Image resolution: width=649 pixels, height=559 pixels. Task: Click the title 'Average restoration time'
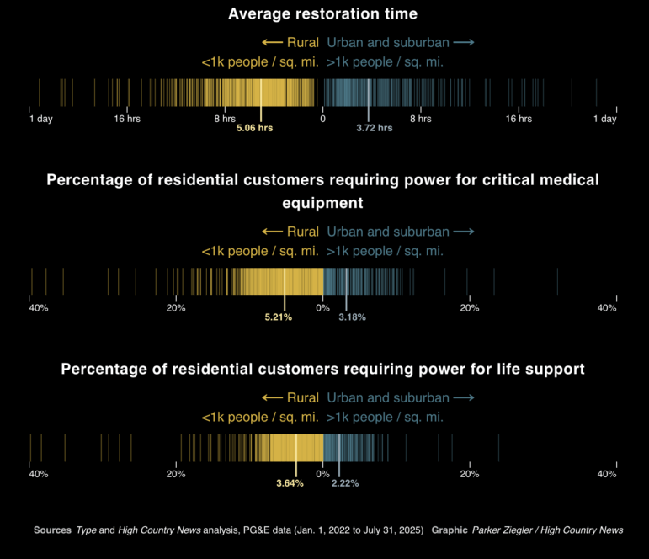323,13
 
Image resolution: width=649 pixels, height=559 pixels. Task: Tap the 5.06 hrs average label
254,129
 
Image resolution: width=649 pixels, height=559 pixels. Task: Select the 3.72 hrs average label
375,129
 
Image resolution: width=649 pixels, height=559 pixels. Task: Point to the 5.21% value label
278,317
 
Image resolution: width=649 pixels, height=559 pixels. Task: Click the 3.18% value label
352,317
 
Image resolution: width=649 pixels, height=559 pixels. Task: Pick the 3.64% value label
290,483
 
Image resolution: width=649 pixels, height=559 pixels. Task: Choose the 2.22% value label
345,483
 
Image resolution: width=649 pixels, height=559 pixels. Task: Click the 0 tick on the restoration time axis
322,119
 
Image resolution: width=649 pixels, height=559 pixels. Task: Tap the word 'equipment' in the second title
323,203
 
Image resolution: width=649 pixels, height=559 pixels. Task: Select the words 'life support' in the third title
539,369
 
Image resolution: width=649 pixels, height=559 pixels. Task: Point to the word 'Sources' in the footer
52,530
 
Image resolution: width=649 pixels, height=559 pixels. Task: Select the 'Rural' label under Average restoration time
302,42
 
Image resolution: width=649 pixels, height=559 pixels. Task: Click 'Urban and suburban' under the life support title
388,397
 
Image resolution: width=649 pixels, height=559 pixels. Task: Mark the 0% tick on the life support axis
322,474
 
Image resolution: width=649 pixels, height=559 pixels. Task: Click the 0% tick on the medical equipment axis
322,308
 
